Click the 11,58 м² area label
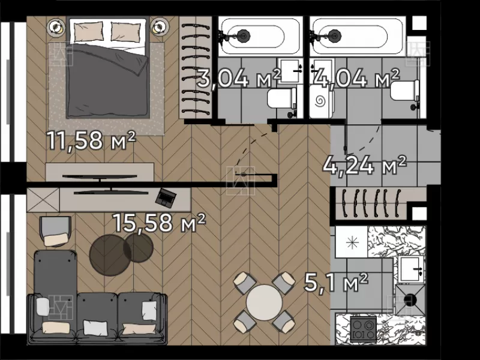(91, 140)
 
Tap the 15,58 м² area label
(159, 223)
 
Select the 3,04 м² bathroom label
(239, 79)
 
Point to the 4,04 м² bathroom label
(357, 78)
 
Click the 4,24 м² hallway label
(365, 166)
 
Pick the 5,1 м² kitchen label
(336, 283)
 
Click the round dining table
(264, 302)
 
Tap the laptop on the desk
(166, 197)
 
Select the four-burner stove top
(364, 329)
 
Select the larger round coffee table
(110, 255)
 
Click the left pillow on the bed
(88, 31)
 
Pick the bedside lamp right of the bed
(159, 27)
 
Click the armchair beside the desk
(56, 231)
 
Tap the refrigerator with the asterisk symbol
(352, 242)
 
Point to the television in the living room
(111, 192)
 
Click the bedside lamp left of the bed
(56, 27)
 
